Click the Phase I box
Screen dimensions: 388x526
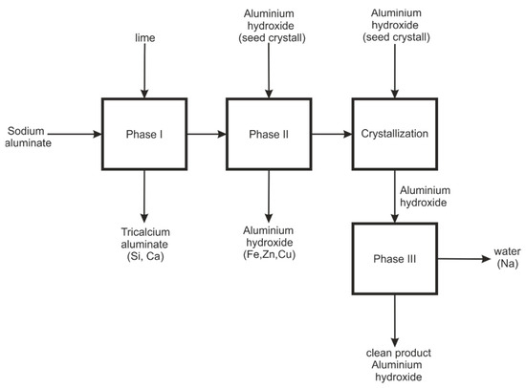point(143,134)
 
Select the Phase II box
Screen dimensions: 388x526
point(269,134)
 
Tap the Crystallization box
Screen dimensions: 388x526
point(394,134)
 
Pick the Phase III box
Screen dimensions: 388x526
point(394,259)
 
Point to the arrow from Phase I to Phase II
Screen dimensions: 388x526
point(206,134)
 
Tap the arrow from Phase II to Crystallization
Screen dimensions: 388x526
point(331,134)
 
